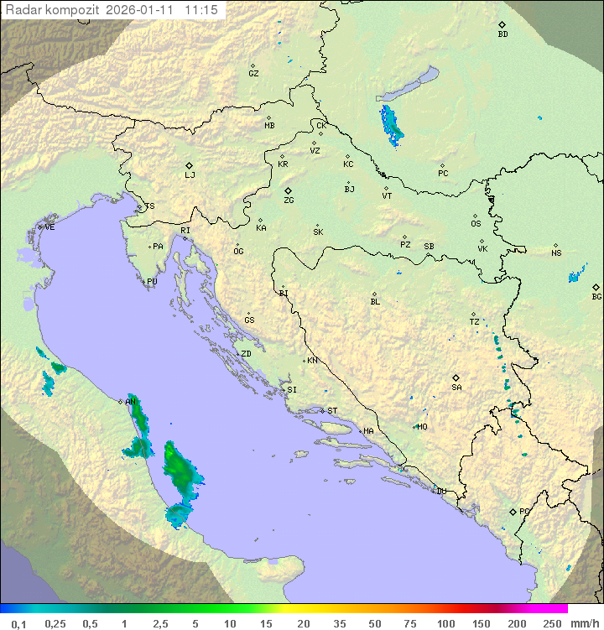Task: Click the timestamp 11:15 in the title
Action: [x=201, y=9]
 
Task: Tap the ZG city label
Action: [x=289, y=200]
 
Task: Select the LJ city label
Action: [x=190, y=175]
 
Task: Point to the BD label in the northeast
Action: [x=502, y=34]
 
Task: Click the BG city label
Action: [x=596, y=296]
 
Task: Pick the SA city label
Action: [x=456, y=388]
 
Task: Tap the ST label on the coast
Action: [x=332, y=411]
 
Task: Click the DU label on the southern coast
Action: [x=440, y=492]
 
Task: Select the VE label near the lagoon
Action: [x=49, y=227]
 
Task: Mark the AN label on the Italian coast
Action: [x=131, y=402]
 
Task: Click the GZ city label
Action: [x=253, y=74]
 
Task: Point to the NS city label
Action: [x=556, y=253]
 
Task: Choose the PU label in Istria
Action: [x=152, y=282]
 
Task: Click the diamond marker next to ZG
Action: [x=288, y=191]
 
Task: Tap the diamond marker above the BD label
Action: [x=502, y=25]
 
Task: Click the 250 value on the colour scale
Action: [x=551, y=623]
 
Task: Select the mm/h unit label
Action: [x=584, y=623]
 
